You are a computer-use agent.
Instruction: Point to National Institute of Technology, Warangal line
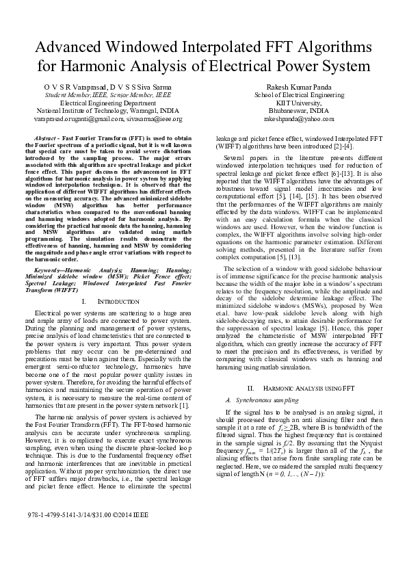tap(108, 111)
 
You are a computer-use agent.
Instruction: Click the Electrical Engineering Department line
tap(108, 103)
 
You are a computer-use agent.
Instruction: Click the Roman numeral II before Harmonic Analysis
tap(250, 388)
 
